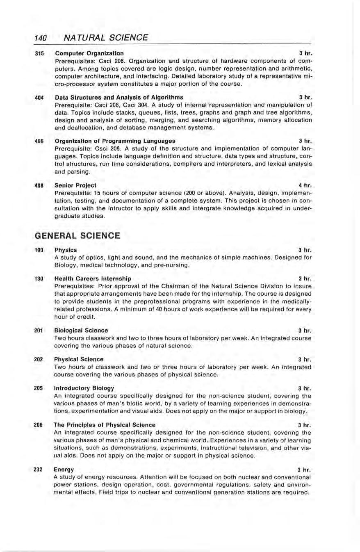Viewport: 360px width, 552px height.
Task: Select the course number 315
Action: click(39, 53)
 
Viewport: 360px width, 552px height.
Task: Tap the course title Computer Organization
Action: click(89, 53)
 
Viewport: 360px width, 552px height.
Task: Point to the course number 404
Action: click(39, 98)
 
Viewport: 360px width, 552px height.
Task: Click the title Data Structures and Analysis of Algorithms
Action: click(119, 98)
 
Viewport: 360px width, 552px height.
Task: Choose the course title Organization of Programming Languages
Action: click(115, 141)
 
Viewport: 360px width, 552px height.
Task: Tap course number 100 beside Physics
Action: click(39, 250)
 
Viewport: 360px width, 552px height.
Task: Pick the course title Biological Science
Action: click(81, 330)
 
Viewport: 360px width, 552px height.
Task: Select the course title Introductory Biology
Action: click(84, 388)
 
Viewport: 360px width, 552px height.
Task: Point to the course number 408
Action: click(39, 185)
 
